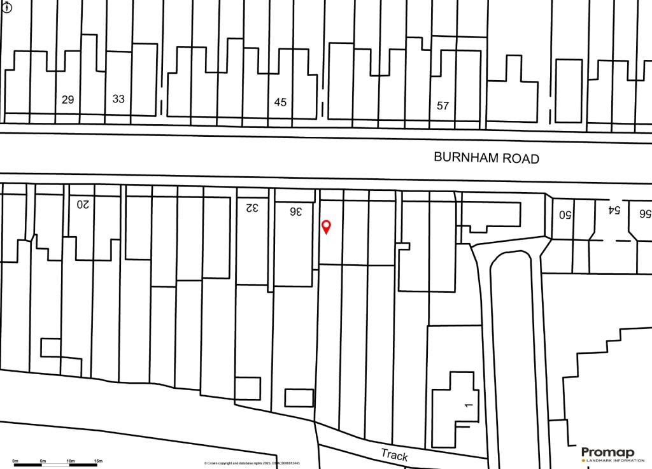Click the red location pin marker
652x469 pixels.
tap(327, 227)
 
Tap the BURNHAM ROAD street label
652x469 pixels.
tap(486, 158)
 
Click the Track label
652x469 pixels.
tap(394, 454)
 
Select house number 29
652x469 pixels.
tap(67, 99)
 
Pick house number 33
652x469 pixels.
tap(118, 99)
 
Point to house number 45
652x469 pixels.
tap(280, 102)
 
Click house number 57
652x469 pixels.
tap(443, 106)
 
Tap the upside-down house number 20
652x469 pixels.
tap(83, 204)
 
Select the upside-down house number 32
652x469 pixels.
tap(253, 207)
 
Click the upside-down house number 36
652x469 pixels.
tap(295, 211)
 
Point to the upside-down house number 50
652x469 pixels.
tap(565, 214)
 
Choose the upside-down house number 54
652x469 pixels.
tap(614, 209)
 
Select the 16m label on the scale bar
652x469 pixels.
tap(98, 460)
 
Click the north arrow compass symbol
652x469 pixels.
tap(7, 7)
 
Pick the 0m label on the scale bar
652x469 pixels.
tap(15, 460)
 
